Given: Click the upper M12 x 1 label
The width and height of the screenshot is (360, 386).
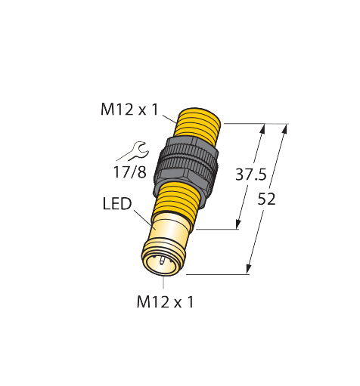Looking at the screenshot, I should click(129, 110).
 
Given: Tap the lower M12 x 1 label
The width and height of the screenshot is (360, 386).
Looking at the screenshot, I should click(166, 302).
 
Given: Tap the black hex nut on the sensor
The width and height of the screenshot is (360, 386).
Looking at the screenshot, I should click(186, 163).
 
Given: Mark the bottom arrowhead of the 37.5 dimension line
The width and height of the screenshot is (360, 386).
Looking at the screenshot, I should click(238, 224).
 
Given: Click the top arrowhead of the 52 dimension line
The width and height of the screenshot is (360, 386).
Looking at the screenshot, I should click(286, 128).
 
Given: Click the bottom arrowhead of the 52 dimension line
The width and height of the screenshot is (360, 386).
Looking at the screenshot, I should click(249, 268).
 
